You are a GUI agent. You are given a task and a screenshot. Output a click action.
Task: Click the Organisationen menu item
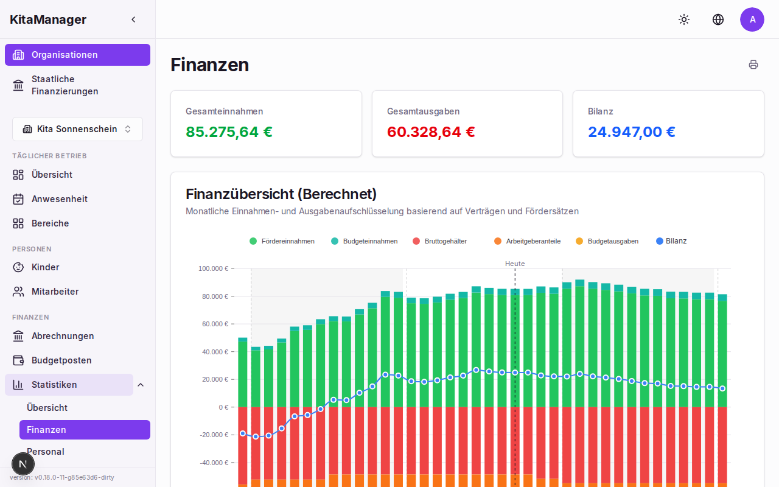tap(77, 55)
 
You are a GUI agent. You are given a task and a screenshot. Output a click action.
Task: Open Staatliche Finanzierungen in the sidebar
tap(65, 85)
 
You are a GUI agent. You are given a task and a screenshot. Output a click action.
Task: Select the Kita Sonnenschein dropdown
tap(77, 129)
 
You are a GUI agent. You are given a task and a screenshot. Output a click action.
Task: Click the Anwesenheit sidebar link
tap(59, 199)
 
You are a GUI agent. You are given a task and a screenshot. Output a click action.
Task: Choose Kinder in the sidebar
tap(45, 267)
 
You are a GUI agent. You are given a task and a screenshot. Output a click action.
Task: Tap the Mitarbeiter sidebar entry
tap(55, 292)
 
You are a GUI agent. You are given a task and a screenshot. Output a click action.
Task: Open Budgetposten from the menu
tap(61, 360)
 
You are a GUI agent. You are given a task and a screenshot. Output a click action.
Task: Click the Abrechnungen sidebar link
tap(62, 336)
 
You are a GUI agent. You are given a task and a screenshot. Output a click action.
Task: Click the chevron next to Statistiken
tap(141, 385)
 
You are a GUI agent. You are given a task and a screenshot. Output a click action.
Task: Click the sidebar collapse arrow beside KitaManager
tap(133, 19)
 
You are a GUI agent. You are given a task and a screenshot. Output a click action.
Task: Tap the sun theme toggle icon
tap(684, 19)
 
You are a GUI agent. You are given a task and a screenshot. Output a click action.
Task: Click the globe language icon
tap(718, 19)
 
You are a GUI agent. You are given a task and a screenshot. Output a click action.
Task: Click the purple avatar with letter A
tap(752, 19)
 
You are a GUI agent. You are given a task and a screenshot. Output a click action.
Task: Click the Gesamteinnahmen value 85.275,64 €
tap(229, 132)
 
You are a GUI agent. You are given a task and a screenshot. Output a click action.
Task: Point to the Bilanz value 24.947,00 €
tap(631, 132)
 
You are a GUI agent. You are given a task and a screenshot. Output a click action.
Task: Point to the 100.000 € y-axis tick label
tap(213, 268)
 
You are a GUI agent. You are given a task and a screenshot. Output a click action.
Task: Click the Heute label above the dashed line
tap(515, 264)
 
